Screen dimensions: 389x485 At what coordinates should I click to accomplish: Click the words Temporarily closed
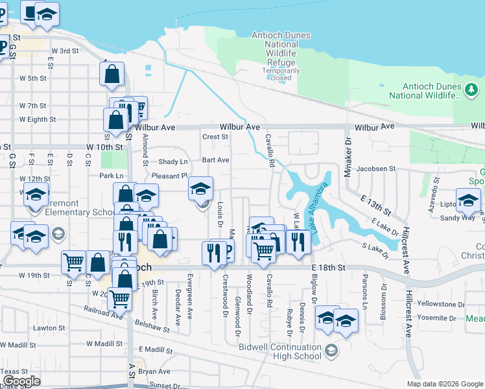coord(281,74)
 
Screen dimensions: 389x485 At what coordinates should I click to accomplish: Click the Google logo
coord(21,381)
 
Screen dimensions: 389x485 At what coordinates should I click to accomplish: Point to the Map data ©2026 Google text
coord(445,384)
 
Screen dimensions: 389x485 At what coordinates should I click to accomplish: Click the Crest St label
coord(215,137)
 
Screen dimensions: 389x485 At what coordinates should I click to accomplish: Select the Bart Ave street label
coord(215,159)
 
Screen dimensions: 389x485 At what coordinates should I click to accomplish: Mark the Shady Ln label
coord(174,161)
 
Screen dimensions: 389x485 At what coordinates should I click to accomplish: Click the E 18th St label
coord(329,267)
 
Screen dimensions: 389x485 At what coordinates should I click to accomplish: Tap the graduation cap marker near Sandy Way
coord(467,201)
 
